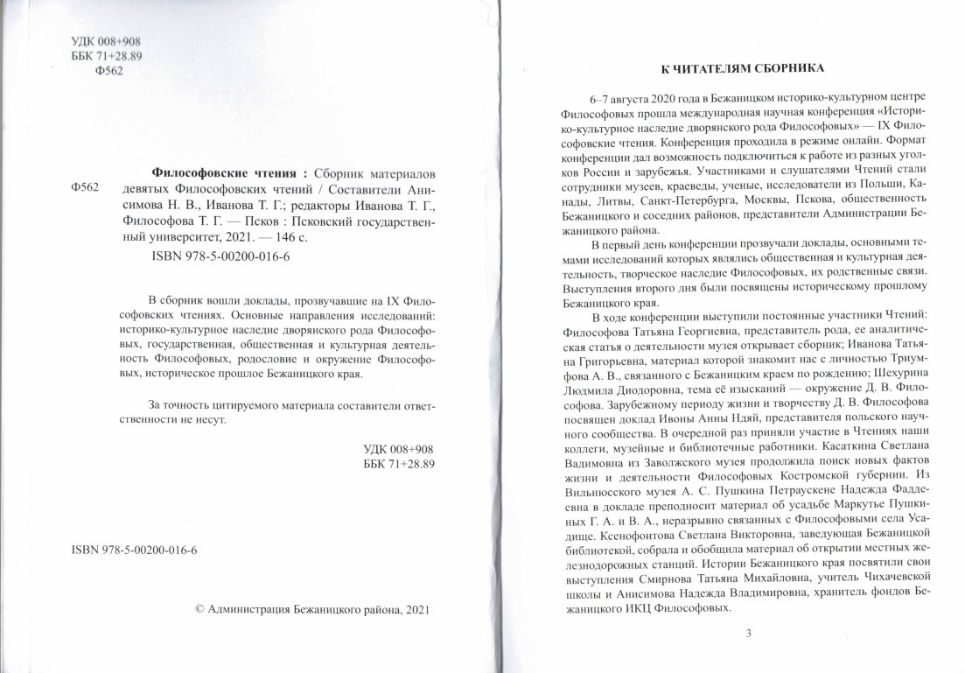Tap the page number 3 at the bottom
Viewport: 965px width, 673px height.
click(x=747, y=634)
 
